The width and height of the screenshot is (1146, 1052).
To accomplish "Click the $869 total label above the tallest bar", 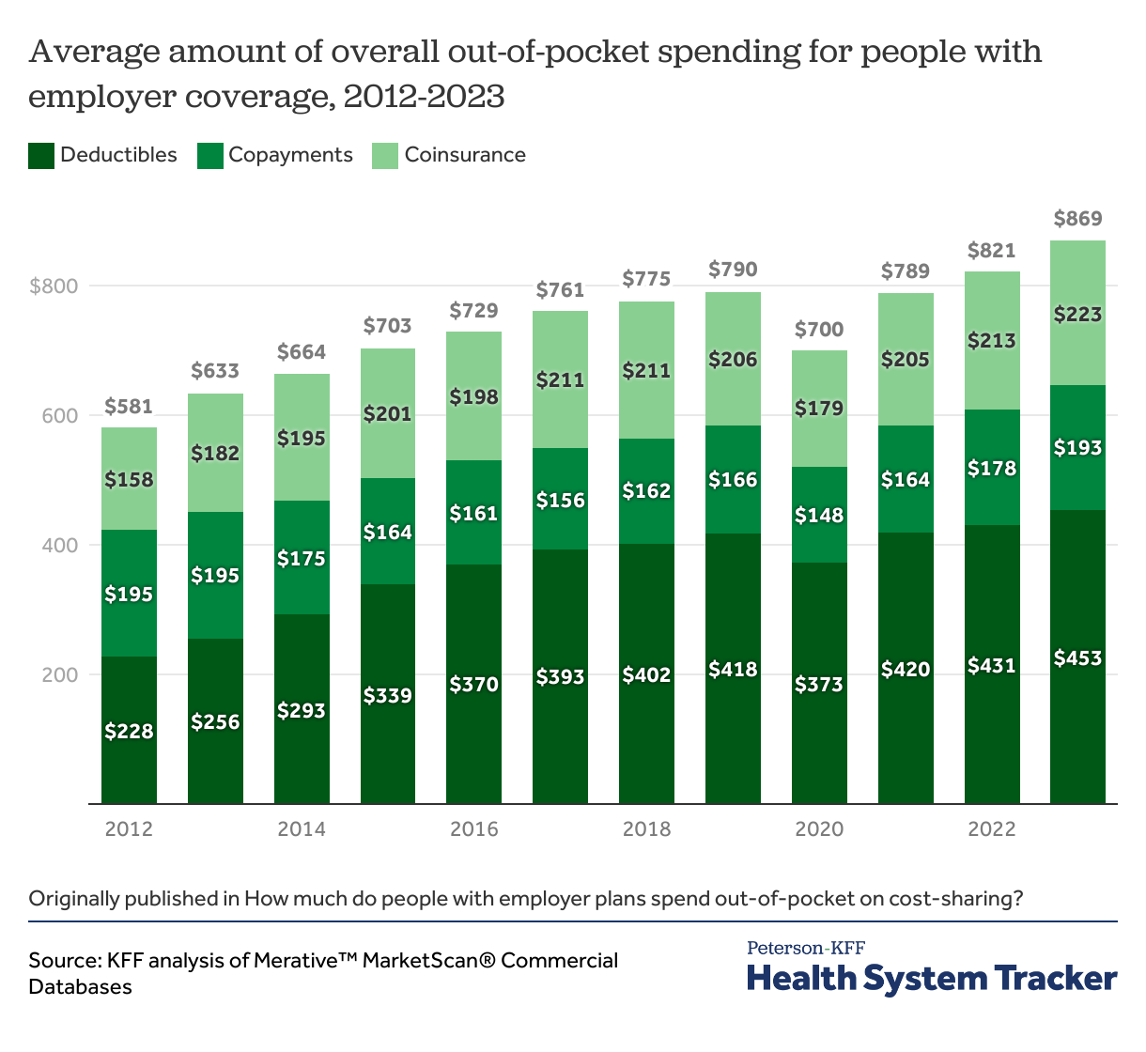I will point(1077,219).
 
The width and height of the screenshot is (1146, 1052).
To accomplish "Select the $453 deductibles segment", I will point(1077,657).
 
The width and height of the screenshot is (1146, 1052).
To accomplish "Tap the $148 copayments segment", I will point(819,515).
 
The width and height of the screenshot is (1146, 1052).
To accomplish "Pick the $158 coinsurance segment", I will point(129,479).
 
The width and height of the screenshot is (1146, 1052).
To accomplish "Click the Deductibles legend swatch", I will point(41,156).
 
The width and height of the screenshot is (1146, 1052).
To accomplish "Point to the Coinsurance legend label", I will point(465,155).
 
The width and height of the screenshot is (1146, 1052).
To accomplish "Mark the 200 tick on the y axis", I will point(61,674).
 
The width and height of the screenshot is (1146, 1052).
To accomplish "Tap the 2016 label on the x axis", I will point(473,829).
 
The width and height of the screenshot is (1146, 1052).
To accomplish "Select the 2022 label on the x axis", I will point(992,829).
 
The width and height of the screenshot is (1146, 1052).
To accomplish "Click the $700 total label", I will point(819,330).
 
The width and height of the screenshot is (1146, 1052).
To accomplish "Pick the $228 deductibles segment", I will point(129,730).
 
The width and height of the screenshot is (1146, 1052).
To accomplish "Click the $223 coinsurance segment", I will point(1077,314).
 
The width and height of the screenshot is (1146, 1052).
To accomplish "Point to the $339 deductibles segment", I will point(387,695).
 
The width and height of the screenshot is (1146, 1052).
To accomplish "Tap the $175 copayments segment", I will point(302,558).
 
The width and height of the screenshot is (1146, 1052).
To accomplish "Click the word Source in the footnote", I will point(63,961).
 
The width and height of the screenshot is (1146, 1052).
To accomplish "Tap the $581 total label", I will point(129,407).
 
